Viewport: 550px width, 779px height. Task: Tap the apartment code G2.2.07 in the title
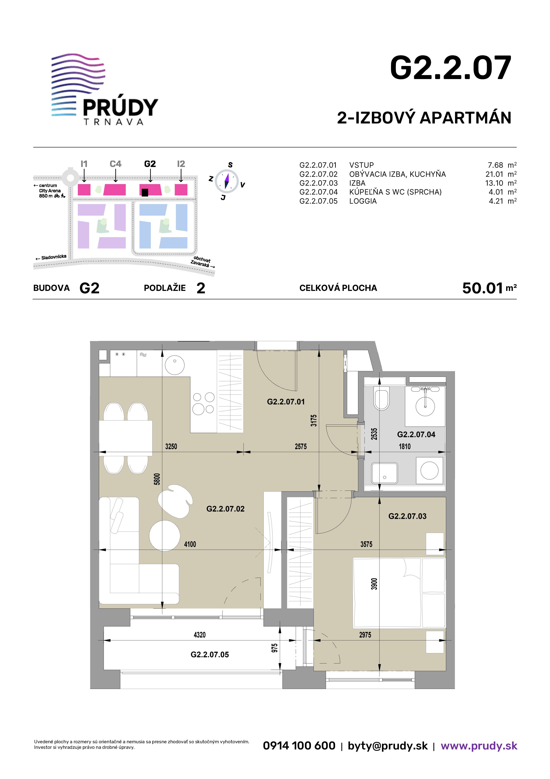[450, 68]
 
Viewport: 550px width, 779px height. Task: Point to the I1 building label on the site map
[84, 164]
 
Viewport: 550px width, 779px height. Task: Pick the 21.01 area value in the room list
[494, 174]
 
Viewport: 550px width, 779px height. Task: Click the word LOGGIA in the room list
[363, 201]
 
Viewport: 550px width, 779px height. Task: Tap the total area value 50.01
[482, 288]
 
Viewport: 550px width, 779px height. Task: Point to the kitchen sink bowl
[175, 365]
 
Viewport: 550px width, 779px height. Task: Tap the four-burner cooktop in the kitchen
[203, 403]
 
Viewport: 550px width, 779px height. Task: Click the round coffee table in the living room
[165, 536]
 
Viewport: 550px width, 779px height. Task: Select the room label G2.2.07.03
[407, 516]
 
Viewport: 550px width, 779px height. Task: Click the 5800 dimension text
[157, 479]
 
